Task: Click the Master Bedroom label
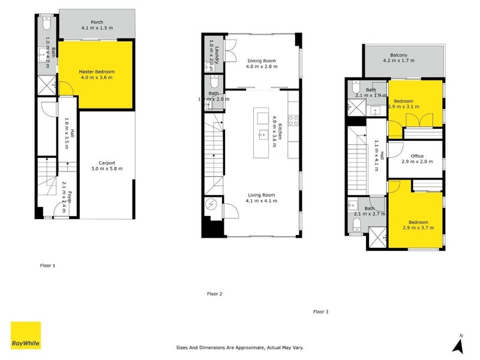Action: (97, 71)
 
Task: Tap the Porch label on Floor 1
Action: (97, 22)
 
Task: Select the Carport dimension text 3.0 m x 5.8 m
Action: (107, 169)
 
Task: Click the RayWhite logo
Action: (26, 335)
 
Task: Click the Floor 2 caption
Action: (214, 294)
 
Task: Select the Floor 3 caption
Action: (320, 311)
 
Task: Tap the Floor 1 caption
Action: (47, 265)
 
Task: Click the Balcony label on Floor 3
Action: (398, 55)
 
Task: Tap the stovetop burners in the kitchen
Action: (294, 120)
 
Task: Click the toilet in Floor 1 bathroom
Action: (47, 24)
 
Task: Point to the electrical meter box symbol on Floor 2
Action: (211, 205)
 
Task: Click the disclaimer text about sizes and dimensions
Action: (240, 347)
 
